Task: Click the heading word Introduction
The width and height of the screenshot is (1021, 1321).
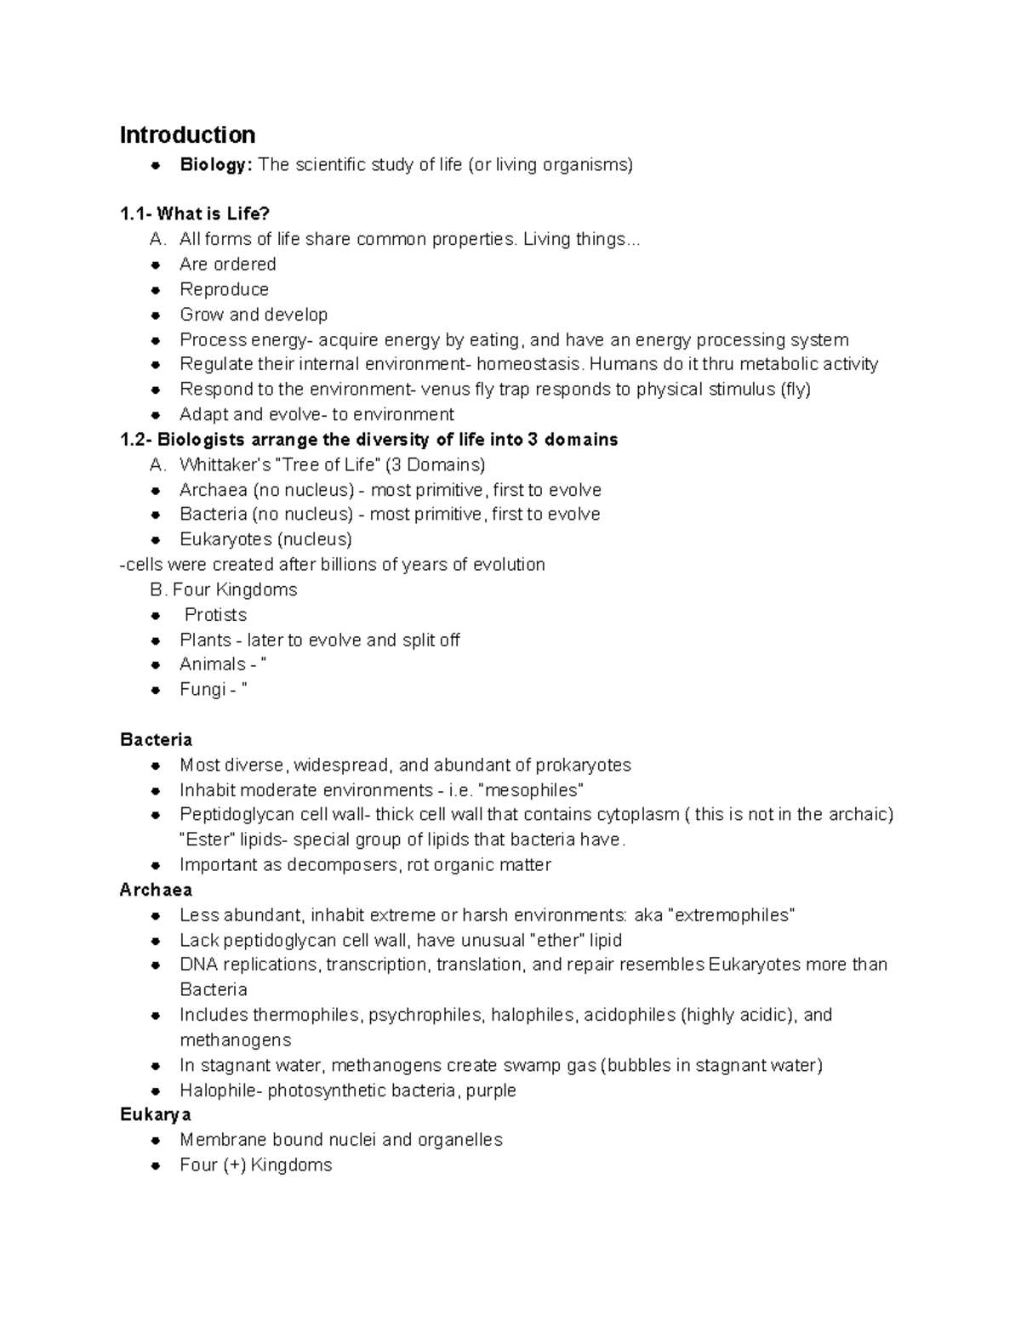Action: (x=187, y=135)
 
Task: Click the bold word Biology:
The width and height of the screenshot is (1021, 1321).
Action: (x=216, y=165)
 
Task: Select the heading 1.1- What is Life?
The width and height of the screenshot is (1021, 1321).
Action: (x=195, y=214)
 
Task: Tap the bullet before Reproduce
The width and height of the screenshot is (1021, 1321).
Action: (x=156, y=290)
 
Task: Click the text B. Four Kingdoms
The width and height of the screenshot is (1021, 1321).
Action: (x=223, y=590)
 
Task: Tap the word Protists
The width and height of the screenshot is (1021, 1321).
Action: (x=216, y=615)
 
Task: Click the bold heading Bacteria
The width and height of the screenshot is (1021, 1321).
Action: (x=156, y=740)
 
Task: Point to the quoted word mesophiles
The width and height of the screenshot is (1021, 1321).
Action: (x=532, y=790)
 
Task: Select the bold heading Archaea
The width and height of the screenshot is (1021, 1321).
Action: (x=156, y=891)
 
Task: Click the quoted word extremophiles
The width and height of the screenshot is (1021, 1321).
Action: (x=733, y=916)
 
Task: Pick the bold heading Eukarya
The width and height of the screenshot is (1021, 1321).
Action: (x=155, y=1115)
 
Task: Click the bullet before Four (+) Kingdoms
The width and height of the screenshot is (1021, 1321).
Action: (x=156, y=1166)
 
